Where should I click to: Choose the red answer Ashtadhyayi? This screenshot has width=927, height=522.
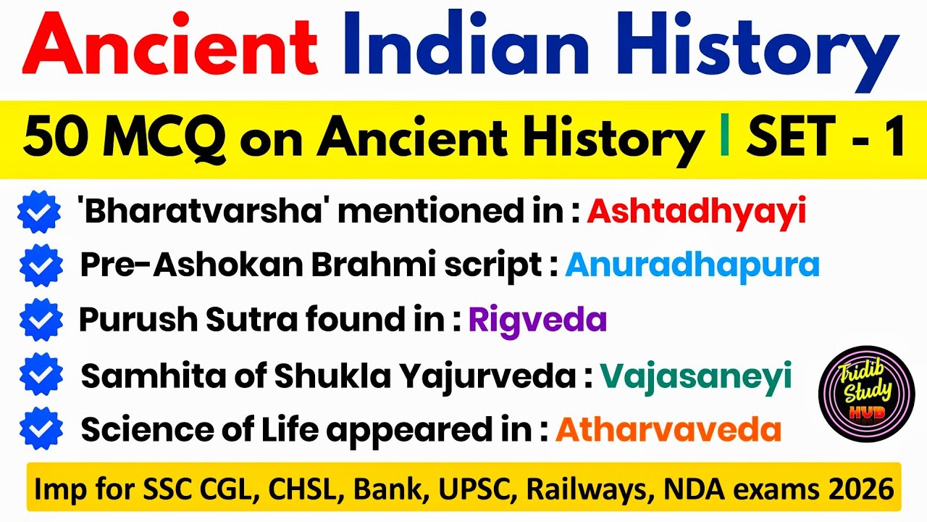point(696,212)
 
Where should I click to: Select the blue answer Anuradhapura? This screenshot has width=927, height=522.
point(692,265)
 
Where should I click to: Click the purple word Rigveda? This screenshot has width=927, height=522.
point(537,320)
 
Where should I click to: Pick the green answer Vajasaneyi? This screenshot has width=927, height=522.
point(695,376)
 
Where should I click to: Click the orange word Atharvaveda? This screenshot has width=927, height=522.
point(668,430)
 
